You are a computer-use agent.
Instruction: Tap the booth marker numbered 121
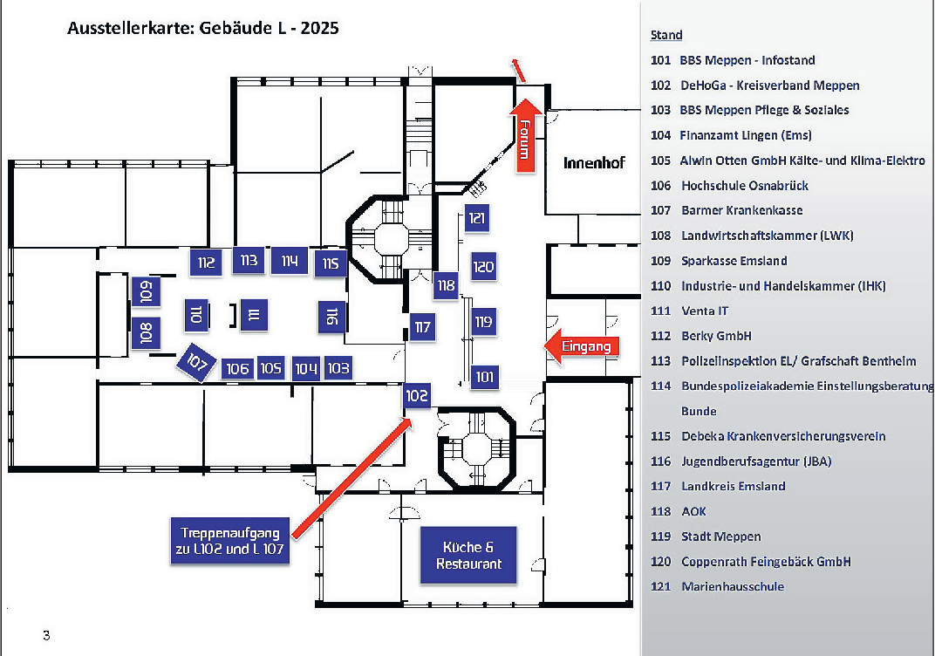(476, 218)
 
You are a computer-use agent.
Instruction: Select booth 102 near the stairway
(418, 395)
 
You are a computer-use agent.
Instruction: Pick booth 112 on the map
(206, 263)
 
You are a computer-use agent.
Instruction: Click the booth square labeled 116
(331, 318)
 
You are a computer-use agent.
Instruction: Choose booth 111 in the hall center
(253, 316)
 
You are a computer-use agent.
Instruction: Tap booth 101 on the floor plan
(485, 378)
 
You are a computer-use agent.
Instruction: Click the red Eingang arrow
(581, 346)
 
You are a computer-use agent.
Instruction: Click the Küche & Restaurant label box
(468, 555)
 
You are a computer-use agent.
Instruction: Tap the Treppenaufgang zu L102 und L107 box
(230, 540)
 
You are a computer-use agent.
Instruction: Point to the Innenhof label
(594, 163)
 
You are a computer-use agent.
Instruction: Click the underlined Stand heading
(666, 36)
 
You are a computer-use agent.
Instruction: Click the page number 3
(46, 635)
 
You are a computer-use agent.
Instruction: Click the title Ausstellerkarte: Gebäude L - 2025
(202, 28)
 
